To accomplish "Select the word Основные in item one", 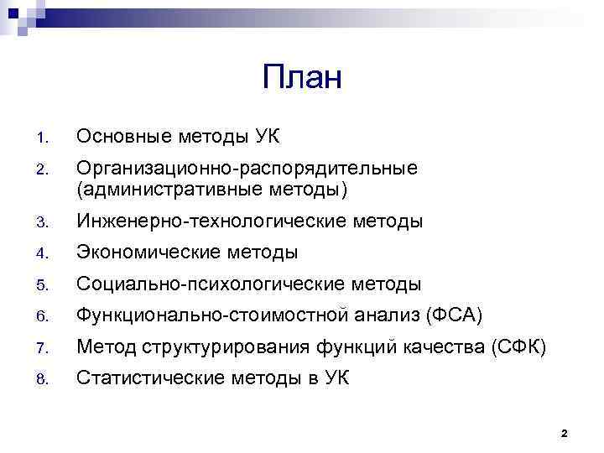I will coord(123,136).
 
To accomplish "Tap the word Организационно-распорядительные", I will coord(247,169).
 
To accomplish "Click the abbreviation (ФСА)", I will coord(454,316).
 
